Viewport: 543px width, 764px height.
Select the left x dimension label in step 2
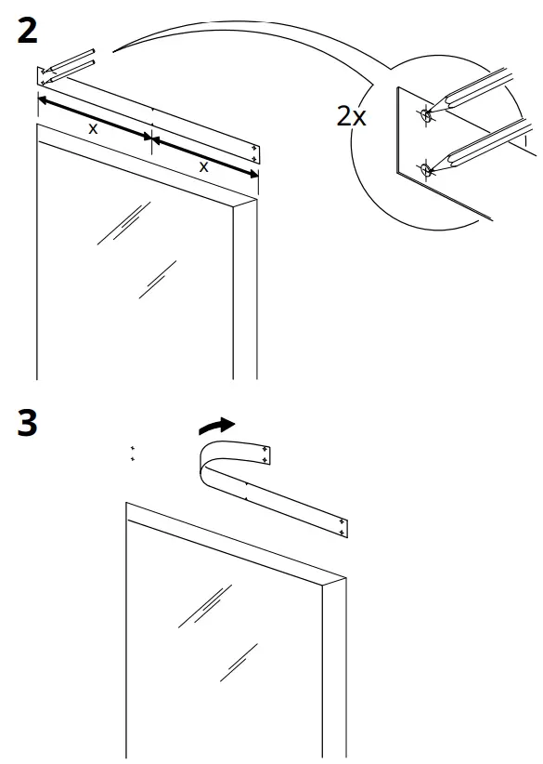(93, 129)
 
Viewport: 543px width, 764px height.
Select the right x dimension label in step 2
(203, 166)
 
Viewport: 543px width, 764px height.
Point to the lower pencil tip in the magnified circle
(427, 169)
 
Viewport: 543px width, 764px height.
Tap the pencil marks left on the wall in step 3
(133, 453)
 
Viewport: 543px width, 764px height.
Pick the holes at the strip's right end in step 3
(343, 525)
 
